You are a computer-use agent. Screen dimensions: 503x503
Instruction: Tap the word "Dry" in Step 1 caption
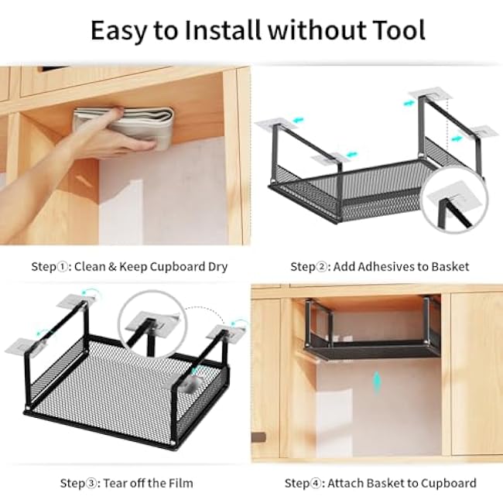[x=217, y=267]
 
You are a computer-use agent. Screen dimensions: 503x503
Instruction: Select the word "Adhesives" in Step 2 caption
[x=380, y=267]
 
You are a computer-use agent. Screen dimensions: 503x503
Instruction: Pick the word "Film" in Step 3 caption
[x=178, y=484]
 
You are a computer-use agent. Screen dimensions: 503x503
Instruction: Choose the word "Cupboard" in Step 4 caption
[x=449, y=484]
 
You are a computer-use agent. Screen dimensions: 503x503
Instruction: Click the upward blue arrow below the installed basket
[x=376, y=382]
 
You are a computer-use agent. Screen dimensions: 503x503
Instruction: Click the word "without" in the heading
[x=309, y=30]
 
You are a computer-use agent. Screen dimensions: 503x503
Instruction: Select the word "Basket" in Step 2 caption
[x=450, y=267]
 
